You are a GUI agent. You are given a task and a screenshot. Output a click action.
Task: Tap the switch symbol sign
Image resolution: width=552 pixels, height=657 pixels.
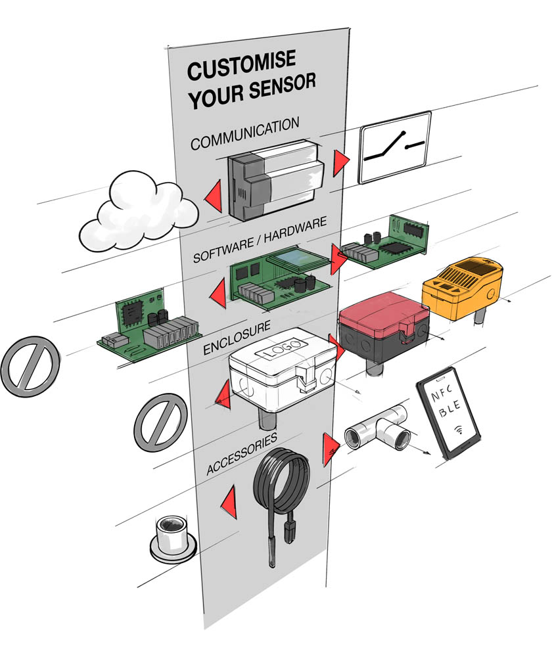(394, 147)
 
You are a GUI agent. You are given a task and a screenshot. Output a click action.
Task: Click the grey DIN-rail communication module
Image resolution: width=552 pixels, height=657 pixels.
(276, 177)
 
